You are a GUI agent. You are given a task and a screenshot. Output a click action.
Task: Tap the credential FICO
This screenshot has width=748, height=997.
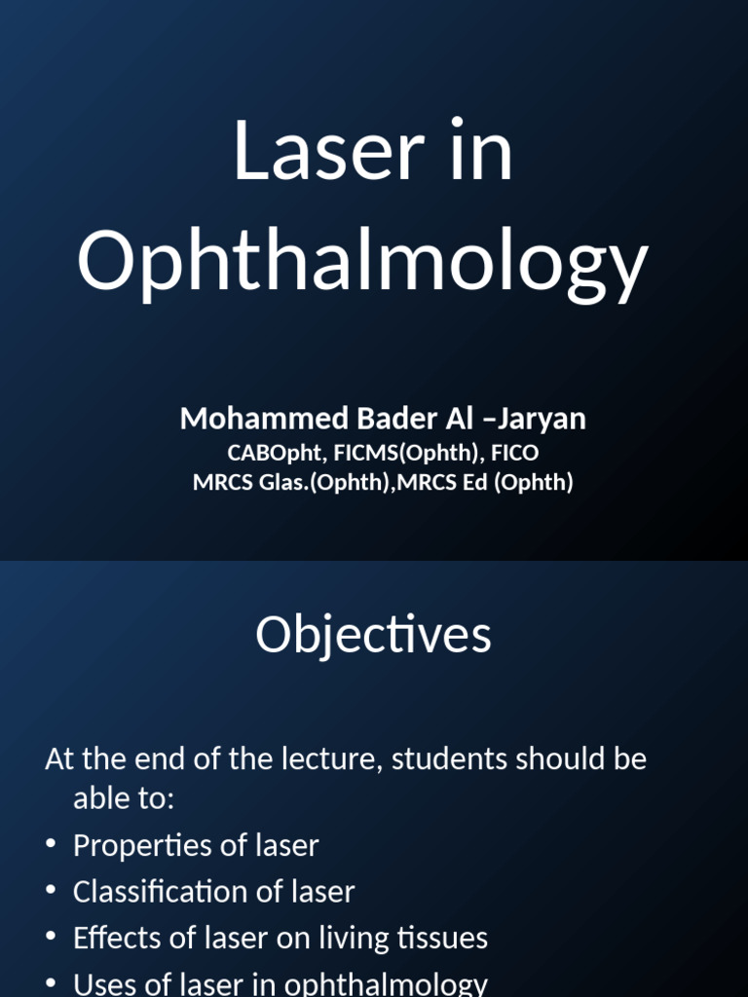[x=514, y=453]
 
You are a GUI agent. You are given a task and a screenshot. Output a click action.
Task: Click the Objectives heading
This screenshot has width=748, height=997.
[x=373, y=636]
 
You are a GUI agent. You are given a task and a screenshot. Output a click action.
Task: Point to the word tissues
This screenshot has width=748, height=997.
[x=444, y=938]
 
